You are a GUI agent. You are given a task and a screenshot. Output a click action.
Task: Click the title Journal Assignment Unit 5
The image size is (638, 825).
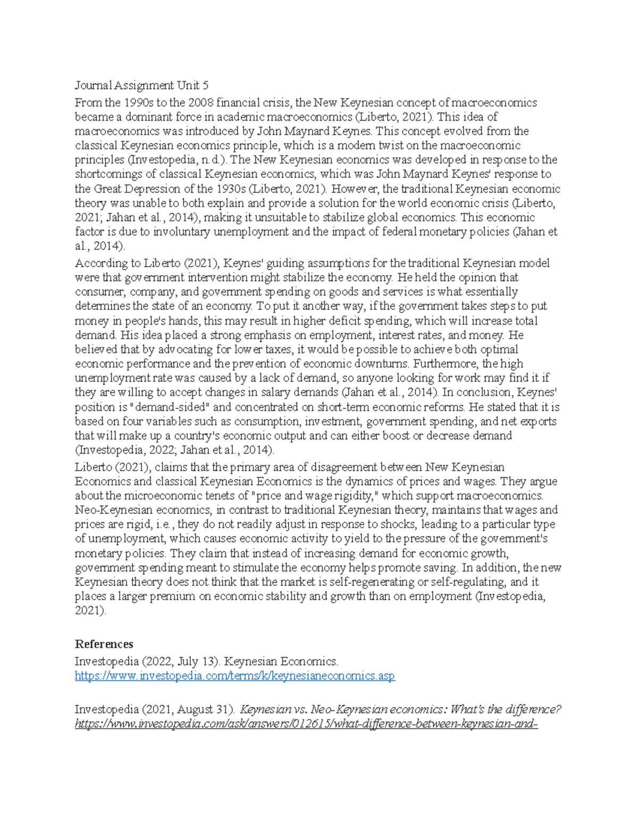[x=141, y=86]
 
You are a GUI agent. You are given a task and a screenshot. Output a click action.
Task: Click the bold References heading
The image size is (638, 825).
[x=104, y=644]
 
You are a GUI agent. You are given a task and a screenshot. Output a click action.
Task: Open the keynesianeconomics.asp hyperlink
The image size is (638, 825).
[x=234, y=676]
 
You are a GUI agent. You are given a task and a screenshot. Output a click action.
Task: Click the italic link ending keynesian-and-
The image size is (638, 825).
[x=306, y=724]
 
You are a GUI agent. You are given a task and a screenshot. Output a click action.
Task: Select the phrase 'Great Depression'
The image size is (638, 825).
[x=136, y=189]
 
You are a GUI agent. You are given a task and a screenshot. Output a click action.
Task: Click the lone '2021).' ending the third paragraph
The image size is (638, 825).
[x=90, y=611]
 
